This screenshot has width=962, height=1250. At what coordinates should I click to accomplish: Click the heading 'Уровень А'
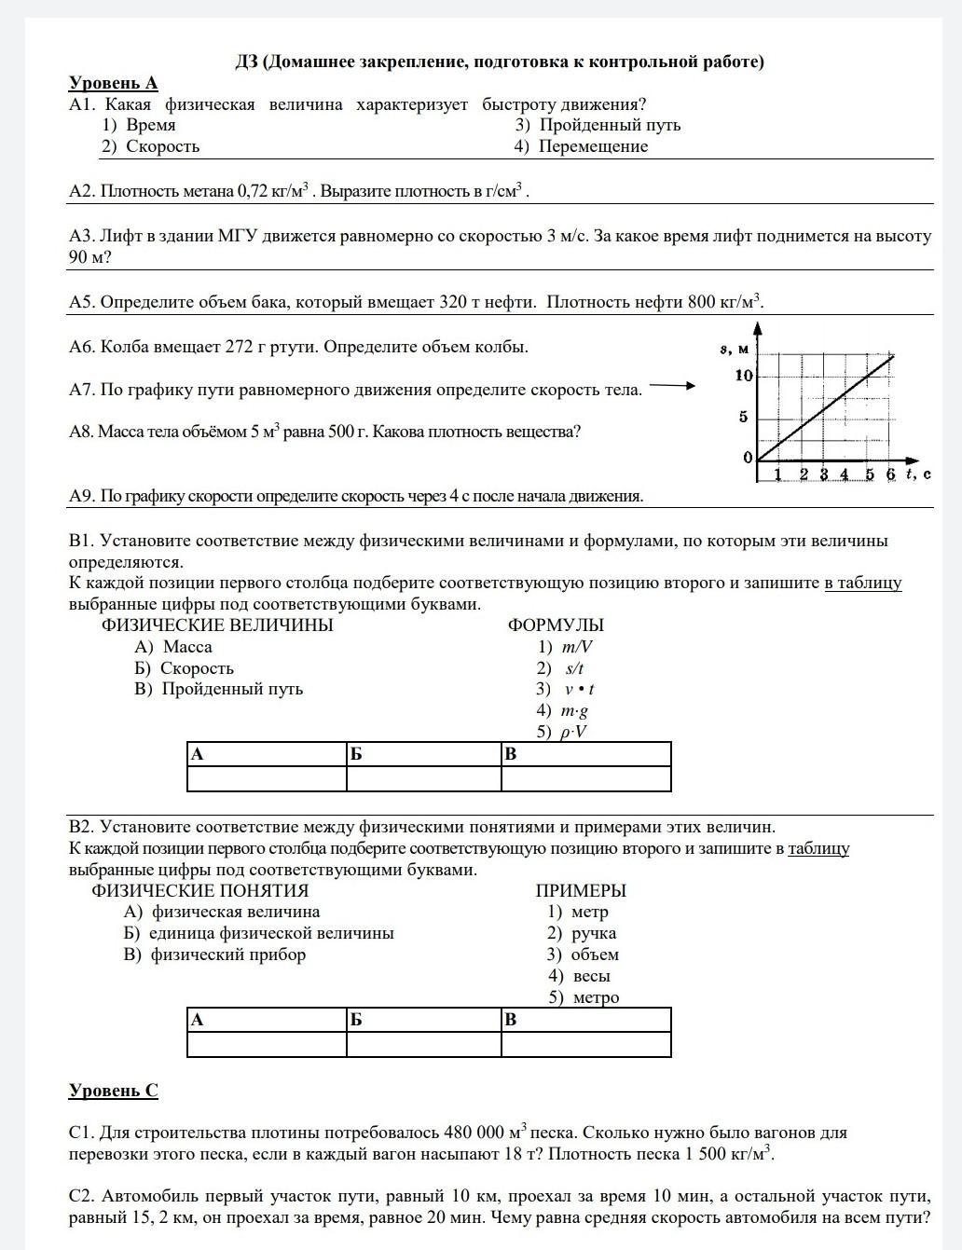(113, 83)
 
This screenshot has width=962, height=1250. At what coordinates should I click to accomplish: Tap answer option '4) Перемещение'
(581, 146)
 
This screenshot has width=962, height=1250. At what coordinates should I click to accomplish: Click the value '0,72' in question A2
(253, 191)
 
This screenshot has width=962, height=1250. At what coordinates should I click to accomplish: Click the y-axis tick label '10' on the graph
(744, 376)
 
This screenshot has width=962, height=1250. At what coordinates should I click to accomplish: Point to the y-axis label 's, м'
(734, 349)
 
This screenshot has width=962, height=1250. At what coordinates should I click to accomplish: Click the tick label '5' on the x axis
(870, 474)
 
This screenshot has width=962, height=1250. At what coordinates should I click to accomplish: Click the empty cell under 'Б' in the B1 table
(423, 778)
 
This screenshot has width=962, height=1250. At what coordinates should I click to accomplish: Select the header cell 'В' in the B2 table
(585, 1020)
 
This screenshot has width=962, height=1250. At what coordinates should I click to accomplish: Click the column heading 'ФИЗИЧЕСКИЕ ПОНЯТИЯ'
(199, 890)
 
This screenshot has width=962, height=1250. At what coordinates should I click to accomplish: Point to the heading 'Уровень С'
(113, 1091)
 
